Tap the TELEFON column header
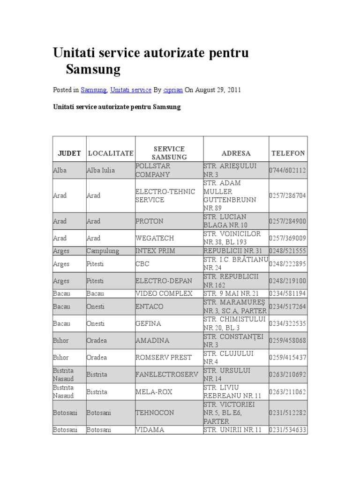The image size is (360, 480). click(288, 153)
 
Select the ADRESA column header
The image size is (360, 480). click(236, 153)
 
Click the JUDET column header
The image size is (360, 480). click(69, 153)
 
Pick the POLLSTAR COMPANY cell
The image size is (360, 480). click(153, 171)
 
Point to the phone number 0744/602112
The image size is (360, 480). click(288, 171)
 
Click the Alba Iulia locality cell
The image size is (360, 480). click(100, 171)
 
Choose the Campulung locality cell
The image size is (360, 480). click(103, 251)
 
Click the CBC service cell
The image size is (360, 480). click(142, 264)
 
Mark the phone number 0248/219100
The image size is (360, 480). click(288, 281)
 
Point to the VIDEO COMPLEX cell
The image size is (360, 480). click(164, 293)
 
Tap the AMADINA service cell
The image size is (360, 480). click(152, 340)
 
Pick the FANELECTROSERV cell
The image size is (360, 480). click(167, 375)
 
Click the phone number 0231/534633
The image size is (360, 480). click(288, 429)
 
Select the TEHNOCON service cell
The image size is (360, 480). click(155, 412)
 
